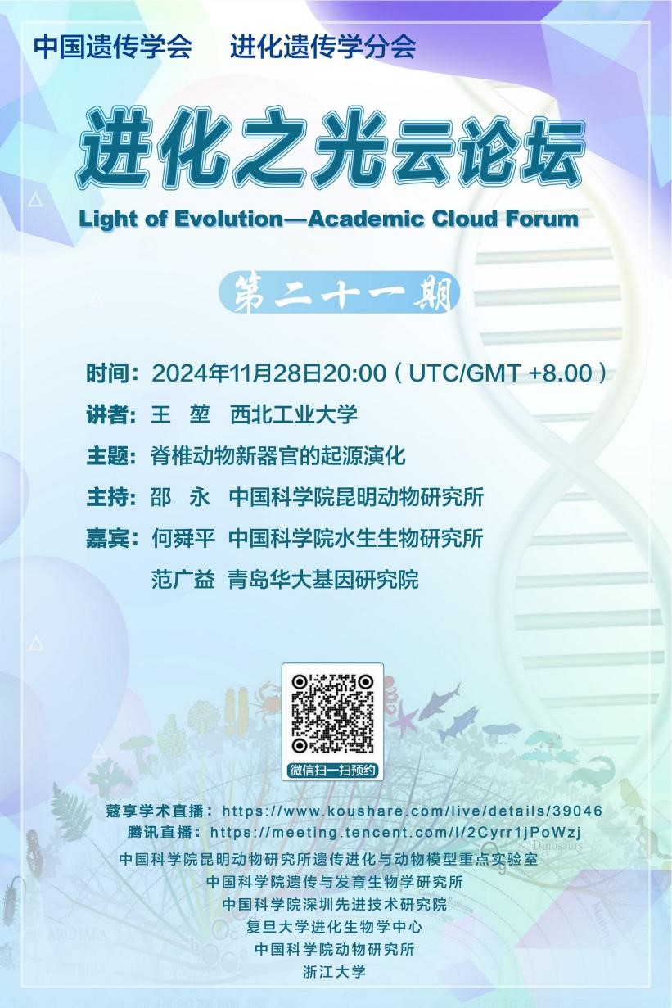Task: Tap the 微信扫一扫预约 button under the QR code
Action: click(x=332, y=770)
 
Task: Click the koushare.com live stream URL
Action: click(x=412, y=811)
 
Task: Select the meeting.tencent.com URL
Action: click(x=396, y=832)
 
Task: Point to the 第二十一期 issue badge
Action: click(x=340, y=293)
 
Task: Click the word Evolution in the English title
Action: click(x=228, y=219)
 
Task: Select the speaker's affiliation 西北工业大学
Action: click(x=294, y=414)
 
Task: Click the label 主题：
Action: click(x=112, y=456)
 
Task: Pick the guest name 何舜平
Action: click(x=183, y=538)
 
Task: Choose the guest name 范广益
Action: click(x=183, y=579)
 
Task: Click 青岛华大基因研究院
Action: click(x=323, y=579)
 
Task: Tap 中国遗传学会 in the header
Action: click(x=113, y=47)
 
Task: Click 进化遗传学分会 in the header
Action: click(x=323, y=47)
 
